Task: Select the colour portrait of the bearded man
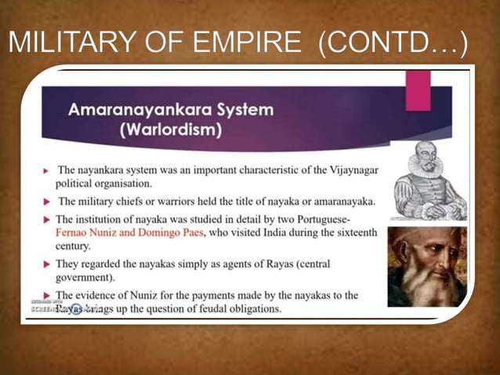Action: (x=426, y=267)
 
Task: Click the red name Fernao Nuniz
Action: (x=91, y=233)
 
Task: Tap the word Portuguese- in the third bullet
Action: (x=342, y=219)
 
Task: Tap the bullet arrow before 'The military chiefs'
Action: (x=47, y=201)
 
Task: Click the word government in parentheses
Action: (x=89, y=278)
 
